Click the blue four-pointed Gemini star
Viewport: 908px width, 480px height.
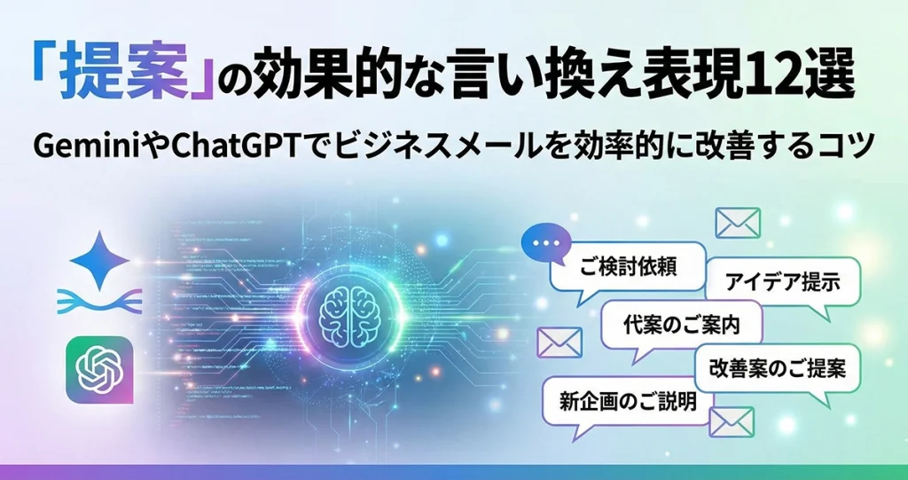click(99, 260)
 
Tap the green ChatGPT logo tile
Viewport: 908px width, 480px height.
click(99, 369)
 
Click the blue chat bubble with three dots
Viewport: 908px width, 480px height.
click(545, 244)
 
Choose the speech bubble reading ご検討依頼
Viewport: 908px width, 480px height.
click(628, 270)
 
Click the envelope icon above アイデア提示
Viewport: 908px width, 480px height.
click(738, 224)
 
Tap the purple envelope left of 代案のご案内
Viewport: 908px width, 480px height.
click(559, 342)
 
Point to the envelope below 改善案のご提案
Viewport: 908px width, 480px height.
click(732, 422)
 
